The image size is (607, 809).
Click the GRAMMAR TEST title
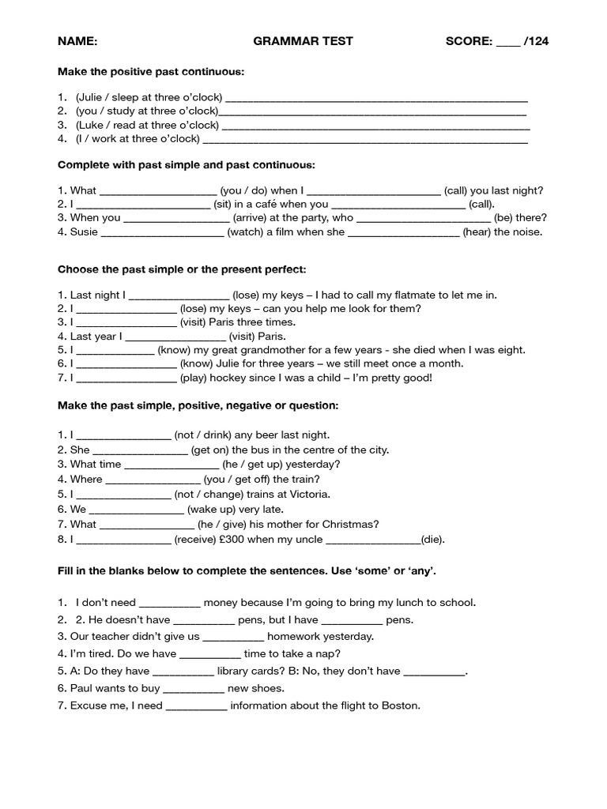click(303, 41)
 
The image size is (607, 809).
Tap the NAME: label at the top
click(77, 41)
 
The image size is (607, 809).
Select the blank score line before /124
click(507, 43)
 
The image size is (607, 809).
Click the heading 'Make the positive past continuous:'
click(151, 72)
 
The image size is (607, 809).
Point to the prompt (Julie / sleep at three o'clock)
click(149, 97)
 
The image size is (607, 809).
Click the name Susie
click(84, 232)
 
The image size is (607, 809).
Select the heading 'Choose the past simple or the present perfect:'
click(181, 269)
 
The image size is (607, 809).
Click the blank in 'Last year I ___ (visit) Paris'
click(171, 337)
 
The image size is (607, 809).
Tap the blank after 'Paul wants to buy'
click(194, 690)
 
